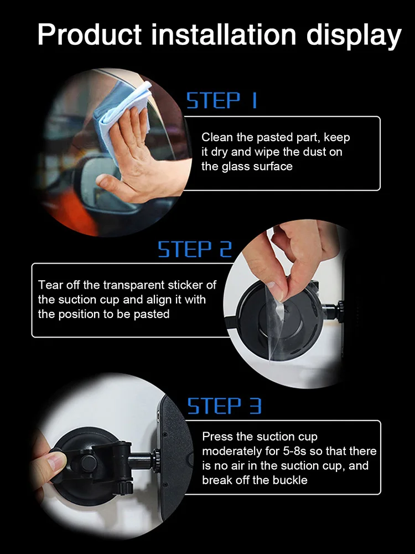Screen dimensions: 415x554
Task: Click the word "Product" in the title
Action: tap(90, 34)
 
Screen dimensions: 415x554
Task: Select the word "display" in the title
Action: tap(354, 37)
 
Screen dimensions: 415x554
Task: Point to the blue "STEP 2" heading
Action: tap(195, 249)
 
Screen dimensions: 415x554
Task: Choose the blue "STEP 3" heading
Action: tap(224, 406)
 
